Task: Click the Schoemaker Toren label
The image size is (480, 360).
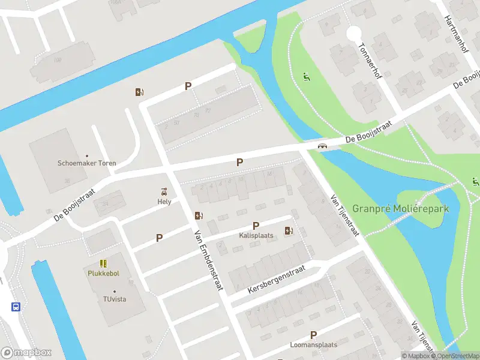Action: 87,163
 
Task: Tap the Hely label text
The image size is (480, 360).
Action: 164,202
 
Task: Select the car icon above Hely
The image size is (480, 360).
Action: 164,191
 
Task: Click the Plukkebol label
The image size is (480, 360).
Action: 104,272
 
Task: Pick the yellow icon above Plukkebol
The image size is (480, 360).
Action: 104,263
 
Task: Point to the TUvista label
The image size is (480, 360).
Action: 114,299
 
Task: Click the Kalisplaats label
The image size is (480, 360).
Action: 256,235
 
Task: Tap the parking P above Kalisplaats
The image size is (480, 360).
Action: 256,226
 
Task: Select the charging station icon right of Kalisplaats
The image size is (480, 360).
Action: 289,230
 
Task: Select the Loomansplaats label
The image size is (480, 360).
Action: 313,345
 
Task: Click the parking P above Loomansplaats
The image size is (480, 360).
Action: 313,335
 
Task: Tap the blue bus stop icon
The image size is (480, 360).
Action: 16,307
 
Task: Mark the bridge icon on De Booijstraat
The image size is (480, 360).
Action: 323,146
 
